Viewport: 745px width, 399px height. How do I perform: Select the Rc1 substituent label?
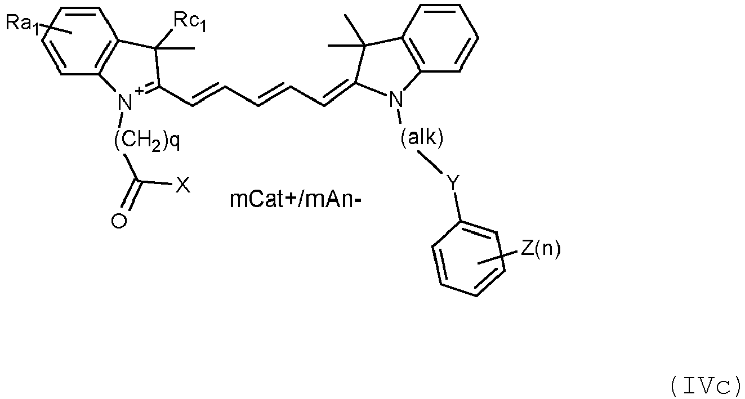(190, 23)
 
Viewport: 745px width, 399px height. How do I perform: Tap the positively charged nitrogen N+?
(126, 102)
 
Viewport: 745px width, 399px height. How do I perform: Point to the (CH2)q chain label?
(147, 142)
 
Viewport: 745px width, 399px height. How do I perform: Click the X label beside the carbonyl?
(183, 185)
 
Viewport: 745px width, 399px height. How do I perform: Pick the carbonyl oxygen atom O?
(119, 221)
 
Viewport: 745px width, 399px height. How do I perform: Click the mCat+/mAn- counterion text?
(296, 199)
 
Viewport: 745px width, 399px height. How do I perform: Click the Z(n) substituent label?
(541, 249)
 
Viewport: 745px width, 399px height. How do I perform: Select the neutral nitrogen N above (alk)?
(396, 99)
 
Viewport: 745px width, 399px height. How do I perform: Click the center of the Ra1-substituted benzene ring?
(81, 41)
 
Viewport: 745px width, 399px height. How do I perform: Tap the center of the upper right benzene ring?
(440, 38)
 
